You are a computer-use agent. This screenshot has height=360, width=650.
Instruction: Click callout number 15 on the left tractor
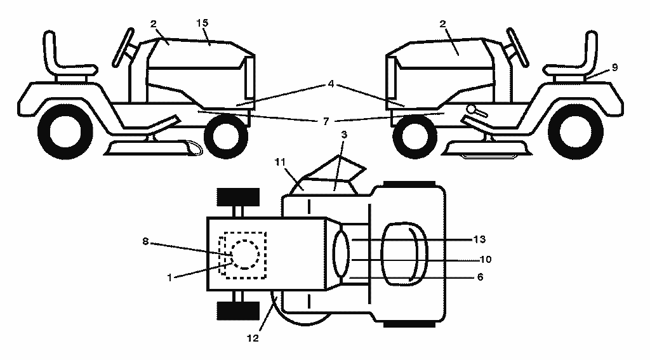(x=202, y=23)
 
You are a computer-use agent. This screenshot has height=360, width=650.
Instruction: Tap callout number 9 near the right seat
(x=614, y=67)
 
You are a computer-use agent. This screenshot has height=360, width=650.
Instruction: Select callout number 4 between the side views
(x=331, y=84)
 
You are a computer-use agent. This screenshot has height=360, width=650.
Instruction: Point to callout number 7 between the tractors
(x=326, y=121)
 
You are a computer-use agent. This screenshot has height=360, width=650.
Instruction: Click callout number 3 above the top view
(x=344, y=135)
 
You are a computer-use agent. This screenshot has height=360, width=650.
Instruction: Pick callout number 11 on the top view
(x=280, y=162)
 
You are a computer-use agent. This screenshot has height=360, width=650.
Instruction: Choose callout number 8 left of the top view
(x=145, y=241)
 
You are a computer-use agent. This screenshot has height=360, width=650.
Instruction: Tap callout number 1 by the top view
(x=169, y=277)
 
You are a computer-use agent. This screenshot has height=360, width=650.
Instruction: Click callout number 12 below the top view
(x=253, y=338)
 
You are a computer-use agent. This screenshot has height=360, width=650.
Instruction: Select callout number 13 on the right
(x=480, y=239)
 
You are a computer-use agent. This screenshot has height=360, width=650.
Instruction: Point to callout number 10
(x=486, y=259)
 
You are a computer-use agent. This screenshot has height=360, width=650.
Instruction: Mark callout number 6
(x=481, y=277)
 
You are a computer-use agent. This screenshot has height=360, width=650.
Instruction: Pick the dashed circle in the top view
(x=246, y=254)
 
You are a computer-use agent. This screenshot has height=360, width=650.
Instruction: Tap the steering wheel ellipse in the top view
(x=341, y=254)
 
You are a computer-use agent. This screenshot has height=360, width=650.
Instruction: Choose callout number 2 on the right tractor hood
(x=442, y=23)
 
